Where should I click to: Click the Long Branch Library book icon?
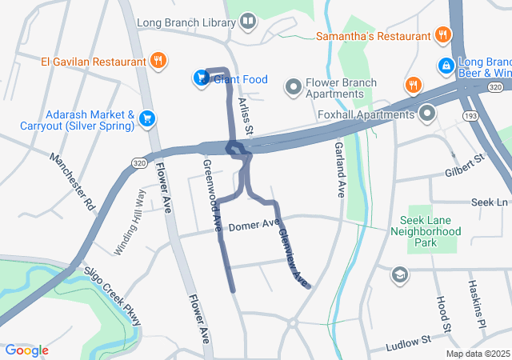click(248, 21)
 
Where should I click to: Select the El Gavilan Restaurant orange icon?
click(158, 60)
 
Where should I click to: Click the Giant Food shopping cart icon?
click(201, 78)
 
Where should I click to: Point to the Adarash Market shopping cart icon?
click(146, 119)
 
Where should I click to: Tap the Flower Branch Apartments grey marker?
click(294, 86)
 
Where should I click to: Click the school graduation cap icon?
click(398, 275)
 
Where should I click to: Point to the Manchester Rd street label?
click(72, 182)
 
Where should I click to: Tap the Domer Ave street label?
click(254, 226)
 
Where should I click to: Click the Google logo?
click(26, 350)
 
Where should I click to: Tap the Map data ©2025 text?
click(477, 354)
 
